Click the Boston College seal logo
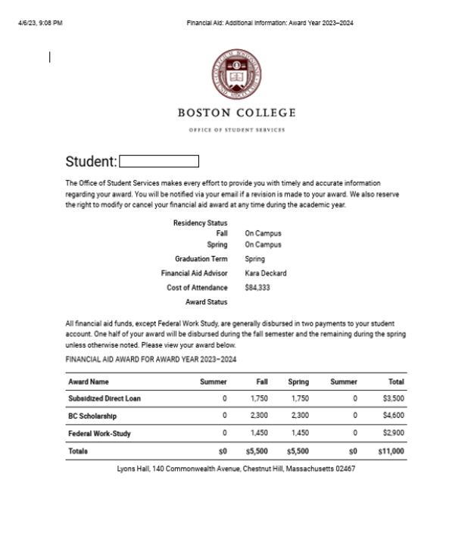pyautogui.click(x=236, y=76)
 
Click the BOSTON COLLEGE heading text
pyautogui.click(x=236, y=113)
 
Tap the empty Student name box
pyautogui.click(x=159, y=161)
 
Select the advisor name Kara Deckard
pyautogui.click(x=265, y=273)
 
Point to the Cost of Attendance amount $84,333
pyautogui.click(x=257, y=288)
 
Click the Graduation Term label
pyautogui.click(x=201, y=259)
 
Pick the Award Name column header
pyautogui.click(x=89, y=382)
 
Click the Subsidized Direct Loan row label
pyautogui.click(x=105, y=398)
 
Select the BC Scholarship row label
pyautogui.click(x=92, y=416)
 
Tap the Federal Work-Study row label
pyautogui.click(x=98, y=433)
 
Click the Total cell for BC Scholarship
pyautogui.click(x=393, y=416)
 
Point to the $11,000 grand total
pyautogui.click(x=391, y=451)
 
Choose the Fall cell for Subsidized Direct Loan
pyautogui.click(x=258, y=398)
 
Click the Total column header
pyautogui.click(x=395, y=382)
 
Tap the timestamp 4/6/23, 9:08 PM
pyautogui.click(x=40, y=23)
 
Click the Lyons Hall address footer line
pyautogui.click(x=236, y=469)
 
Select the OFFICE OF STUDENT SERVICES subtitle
pyautogui.click(x=236, y=129)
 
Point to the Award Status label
pyautogui.click(x=206, y=302)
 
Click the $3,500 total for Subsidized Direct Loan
pyautogui.click(x=393, y=398)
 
